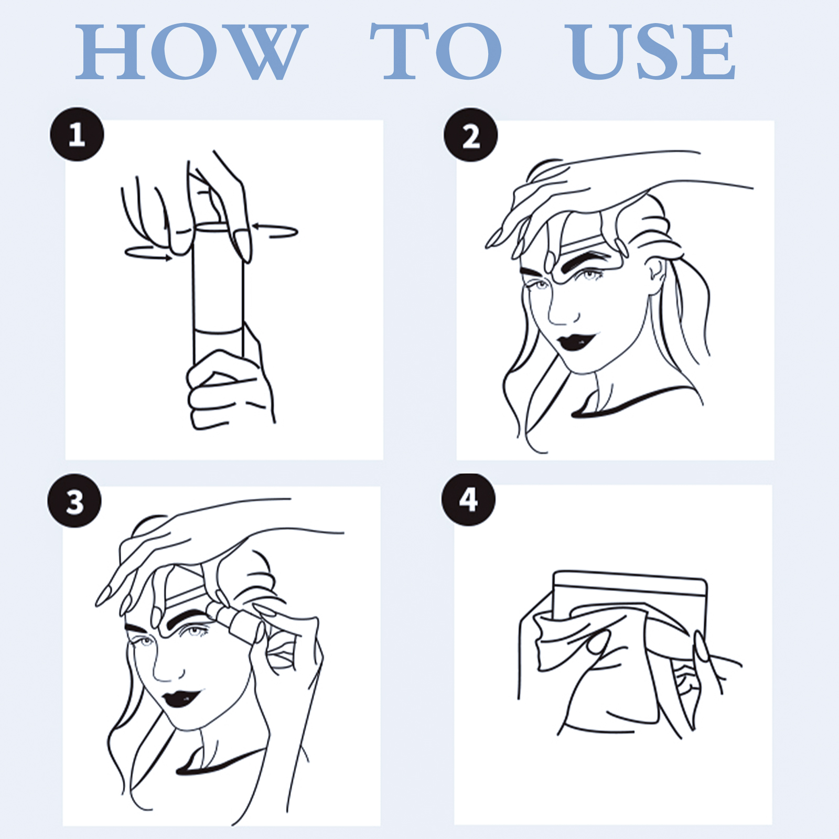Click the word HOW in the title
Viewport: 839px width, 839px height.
click(191, 51)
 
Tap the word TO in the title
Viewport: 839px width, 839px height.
click(436, 51)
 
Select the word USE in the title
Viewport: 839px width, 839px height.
click(652, 51)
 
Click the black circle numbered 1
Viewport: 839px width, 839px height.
click(77, 134)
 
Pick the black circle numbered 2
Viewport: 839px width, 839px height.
click(470, 135)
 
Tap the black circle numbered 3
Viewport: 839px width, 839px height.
click(74, 501)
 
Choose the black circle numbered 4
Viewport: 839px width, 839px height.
click(468, 500)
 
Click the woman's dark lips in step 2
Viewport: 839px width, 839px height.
click(577, 341)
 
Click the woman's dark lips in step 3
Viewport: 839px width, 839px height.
click(181, 698)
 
